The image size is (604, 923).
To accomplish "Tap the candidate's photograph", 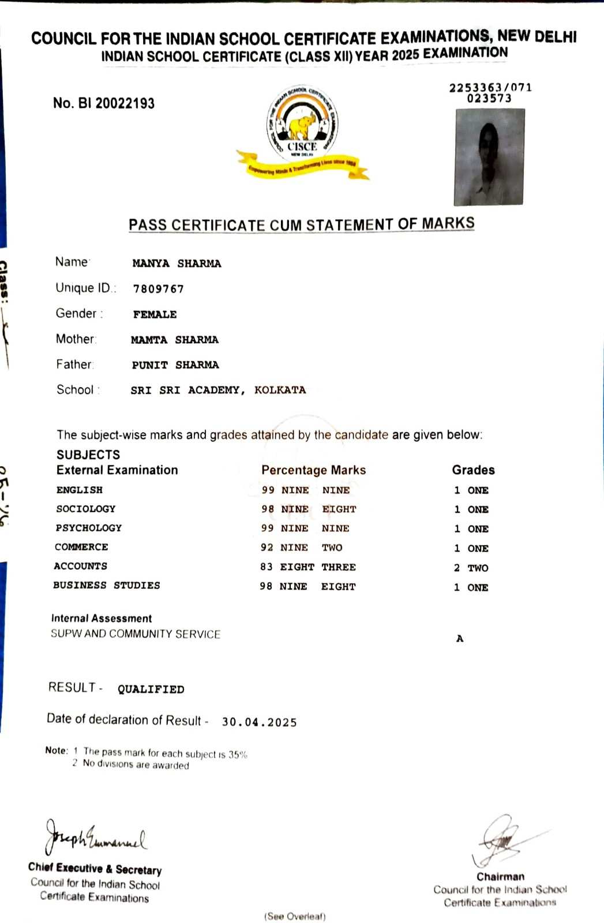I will click(489, 157).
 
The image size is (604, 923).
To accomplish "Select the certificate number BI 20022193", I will click(104, 103).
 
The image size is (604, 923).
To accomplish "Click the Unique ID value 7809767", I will click(158, 288).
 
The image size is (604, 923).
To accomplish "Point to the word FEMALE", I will click(155, 314).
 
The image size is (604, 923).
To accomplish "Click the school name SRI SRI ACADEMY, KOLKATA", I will click(218, 390).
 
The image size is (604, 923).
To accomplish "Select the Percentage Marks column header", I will click(313, 470).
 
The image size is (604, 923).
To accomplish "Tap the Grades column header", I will click(473, 470).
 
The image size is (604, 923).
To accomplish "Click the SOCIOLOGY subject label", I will click(85, 509).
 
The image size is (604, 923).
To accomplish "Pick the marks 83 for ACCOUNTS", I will click(267, 567).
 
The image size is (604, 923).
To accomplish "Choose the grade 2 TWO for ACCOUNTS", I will click(471, 568).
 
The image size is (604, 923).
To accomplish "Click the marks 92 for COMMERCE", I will click(267, 547).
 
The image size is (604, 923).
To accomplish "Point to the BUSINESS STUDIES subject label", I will click(107, 586).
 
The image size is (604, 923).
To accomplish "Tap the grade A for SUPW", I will click(460, 639).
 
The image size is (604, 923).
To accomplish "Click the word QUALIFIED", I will click(151, 689).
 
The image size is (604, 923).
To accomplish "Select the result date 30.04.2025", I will click(259, 722).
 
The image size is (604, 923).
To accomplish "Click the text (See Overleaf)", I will click(295, 916).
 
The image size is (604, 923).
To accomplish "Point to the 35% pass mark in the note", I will click(238, 755).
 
